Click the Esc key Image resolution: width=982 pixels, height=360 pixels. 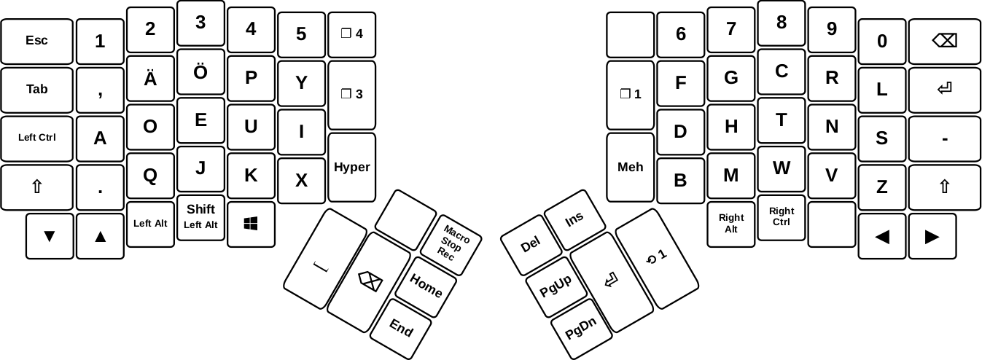37,42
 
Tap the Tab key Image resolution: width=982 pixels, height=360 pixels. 37,90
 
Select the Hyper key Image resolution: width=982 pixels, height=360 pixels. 351,167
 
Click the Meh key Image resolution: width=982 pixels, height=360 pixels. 630,167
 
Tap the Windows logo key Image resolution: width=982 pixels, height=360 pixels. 251,224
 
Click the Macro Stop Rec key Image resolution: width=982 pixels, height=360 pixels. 451,245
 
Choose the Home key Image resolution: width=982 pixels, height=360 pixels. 426,287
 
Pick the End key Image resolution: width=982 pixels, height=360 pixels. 401,329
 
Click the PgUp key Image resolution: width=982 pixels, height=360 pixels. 556,287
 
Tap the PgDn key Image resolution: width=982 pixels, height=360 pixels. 581,329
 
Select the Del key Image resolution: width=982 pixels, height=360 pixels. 531,245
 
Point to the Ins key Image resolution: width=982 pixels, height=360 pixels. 574,219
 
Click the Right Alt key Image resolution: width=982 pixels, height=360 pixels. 730,224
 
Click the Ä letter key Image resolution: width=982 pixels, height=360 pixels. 150,79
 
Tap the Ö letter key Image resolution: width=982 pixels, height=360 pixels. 200,72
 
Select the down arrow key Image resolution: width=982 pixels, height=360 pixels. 50,236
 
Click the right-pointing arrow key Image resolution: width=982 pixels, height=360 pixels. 932,236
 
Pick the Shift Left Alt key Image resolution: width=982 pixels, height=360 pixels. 200,217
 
